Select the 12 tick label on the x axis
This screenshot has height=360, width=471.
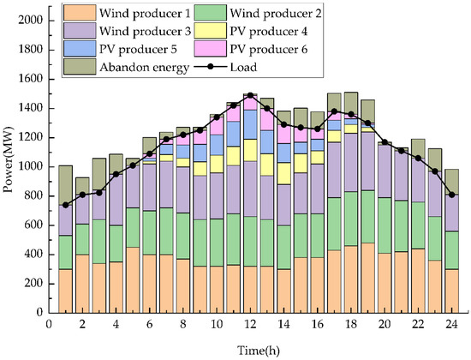[x=250, y=326]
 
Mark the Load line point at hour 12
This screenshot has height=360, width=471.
[x=250, y=95]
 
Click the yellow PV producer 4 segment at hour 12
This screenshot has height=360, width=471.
[x=250, y=150]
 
